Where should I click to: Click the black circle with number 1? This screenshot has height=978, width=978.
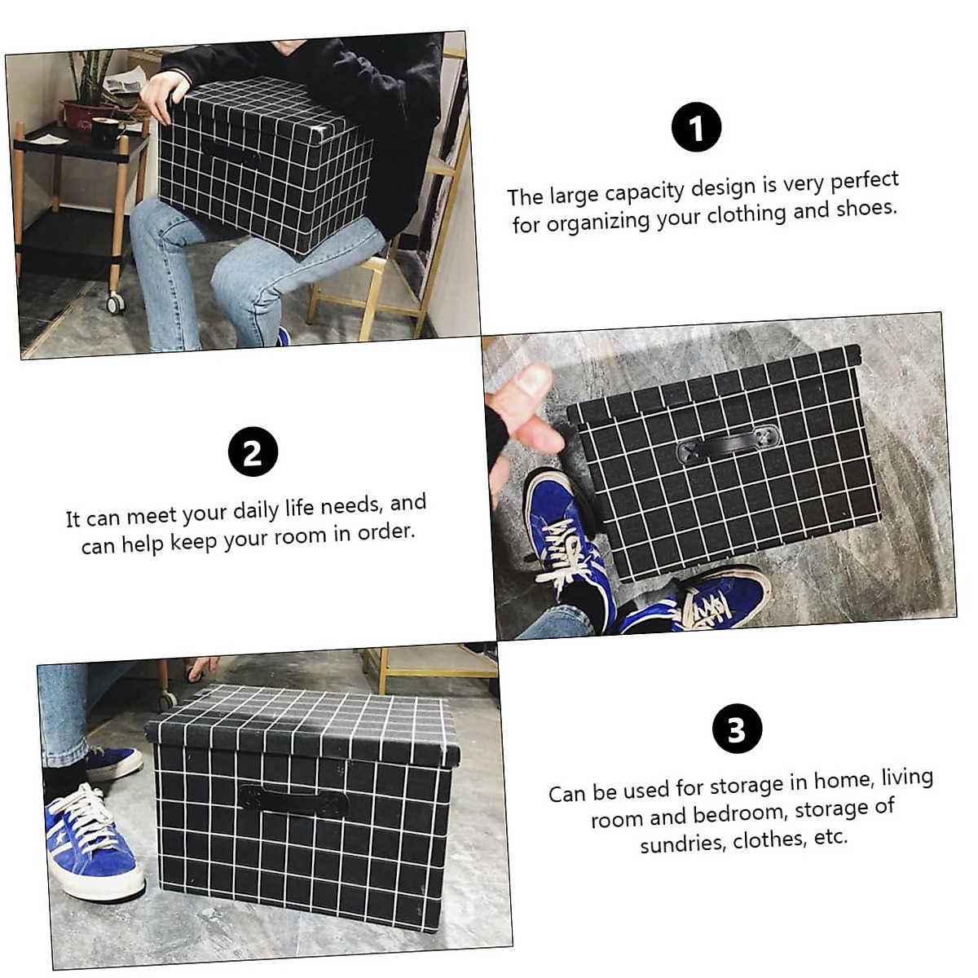pyautogui.click(x=696, y=128)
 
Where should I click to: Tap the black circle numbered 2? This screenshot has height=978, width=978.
pyautogui.click(x=253, y=452)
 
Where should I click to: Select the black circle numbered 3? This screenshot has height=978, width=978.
pyautogui.click(x=737, y=729)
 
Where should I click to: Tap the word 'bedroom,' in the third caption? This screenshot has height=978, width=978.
pyautogui.click(x=739, y=813)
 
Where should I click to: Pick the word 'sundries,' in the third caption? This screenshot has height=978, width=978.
pyautogui.click(x=683, y=843)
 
